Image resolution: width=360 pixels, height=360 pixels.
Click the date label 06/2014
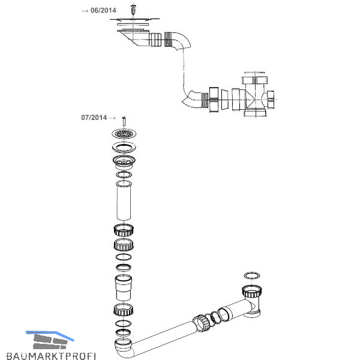coord(103,10)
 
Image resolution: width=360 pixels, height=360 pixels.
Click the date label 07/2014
coord(94,118)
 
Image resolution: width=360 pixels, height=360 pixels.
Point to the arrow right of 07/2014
coord(112,118)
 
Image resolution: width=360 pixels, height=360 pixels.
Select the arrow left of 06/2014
coord(85,10)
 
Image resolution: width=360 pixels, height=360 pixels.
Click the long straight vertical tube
coord(123,203)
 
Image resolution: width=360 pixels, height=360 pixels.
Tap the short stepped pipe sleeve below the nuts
coord(123,289)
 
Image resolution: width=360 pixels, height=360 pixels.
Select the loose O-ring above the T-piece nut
coord(252,275)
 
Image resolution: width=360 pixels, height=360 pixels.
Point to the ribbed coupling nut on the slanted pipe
coord(202,322)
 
